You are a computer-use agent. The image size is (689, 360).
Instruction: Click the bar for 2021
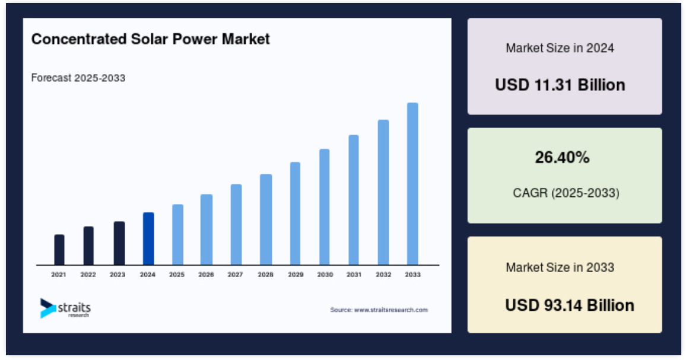[x=59, y=250]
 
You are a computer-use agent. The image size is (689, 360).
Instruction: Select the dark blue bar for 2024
[x=148, y=239]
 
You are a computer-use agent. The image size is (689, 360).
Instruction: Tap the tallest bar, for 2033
[x=412, y=184]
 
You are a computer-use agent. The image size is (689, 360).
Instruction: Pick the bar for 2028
[x=266, y=219]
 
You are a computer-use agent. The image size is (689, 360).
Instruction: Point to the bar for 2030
[x=324, y=207]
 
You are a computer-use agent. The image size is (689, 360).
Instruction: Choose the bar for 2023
[x=119, y=243]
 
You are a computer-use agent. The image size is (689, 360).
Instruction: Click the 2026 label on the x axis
[x=206, y=275]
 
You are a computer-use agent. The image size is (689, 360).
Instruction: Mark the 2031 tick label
[x=354, y=275]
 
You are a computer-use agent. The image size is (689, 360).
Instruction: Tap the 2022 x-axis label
[x=88, y=275]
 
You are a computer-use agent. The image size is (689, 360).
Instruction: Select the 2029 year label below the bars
[x=296, y=275]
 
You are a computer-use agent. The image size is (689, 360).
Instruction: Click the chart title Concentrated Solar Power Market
[x=150, y=39]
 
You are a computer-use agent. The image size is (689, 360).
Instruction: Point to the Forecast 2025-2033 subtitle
[x=78, y=78]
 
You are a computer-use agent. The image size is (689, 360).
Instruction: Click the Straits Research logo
[x=65, y=308]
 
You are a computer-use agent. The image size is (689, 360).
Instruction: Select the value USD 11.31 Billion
[x=560, y=85]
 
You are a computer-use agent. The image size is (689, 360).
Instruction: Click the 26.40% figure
[x=562, y=157]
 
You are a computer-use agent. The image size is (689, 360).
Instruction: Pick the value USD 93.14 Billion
[x=570, y=305]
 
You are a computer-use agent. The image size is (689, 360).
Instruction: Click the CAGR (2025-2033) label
[x=566, y=193]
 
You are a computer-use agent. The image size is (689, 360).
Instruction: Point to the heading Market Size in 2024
[x=560, y=48]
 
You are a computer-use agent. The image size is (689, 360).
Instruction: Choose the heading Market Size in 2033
[x=560, y=267]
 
